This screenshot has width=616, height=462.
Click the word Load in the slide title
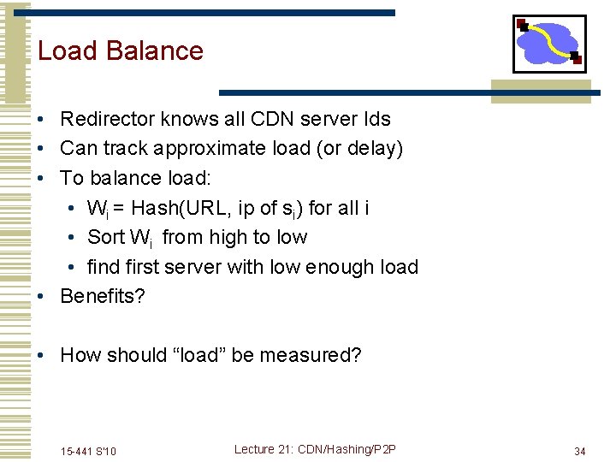point(67,50)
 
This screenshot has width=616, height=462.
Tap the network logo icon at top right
point(548,44)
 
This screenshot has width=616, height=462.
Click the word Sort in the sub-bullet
point(107,237)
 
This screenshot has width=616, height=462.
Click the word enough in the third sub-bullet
point(329,267)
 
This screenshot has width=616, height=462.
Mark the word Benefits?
point(104,296)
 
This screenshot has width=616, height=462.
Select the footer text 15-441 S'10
point(88,451)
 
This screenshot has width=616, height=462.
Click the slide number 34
point(579,451)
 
